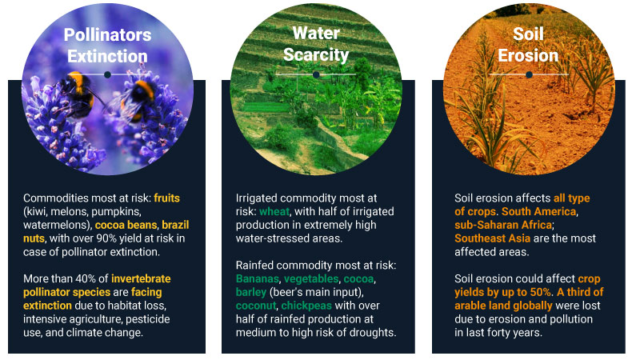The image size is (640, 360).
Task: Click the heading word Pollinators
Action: click(x=107, y=34)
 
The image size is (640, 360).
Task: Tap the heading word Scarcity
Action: click(x=316, y=54)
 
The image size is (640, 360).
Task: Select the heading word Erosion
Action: click(x=528, y=55)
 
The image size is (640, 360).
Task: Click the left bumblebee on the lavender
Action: click(x=77, y=94)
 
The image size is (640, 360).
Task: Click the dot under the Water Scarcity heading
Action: click(x=316, y=74)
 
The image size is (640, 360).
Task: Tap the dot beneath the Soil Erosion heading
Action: click(x=529, y=74)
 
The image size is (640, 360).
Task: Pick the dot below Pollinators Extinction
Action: click(x=107, y=74)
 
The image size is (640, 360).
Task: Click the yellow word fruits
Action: click(x=166, y=198)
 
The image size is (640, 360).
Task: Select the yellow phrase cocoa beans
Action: click(x=126, y=225)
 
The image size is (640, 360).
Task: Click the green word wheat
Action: click(x=274, y=211)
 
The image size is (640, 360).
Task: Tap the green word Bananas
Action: click(x=258, y=278)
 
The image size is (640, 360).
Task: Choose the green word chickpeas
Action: click(x=306, y=306)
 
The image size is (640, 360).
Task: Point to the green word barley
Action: click(x=251, y=292)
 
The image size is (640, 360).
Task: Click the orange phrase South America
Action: click(x=538, y=211)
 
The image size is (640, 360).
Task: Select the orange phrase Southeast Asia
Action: click(x=492, y=238)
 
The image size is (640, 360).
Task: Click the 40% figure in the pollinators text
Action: click(x=86, y=278)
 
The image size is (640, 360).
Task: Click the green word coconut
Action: click(x=256, y=306)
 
